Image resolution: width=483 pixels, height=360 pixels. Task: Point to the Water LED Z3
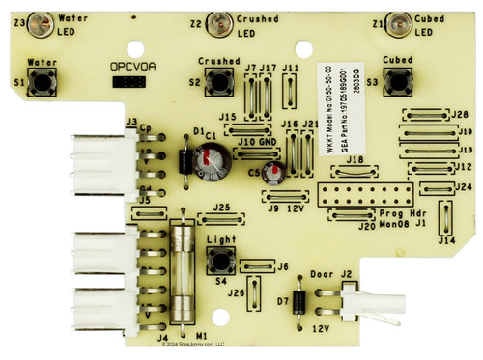click(42, 20)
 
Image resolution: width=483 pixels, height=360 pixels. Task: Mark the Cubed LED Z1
click(398, 20)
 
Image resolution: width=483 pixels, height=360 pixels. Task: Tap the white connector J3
click(94, 161)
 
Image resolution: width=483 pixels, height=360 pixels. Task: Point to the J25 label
click(221, 208)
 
